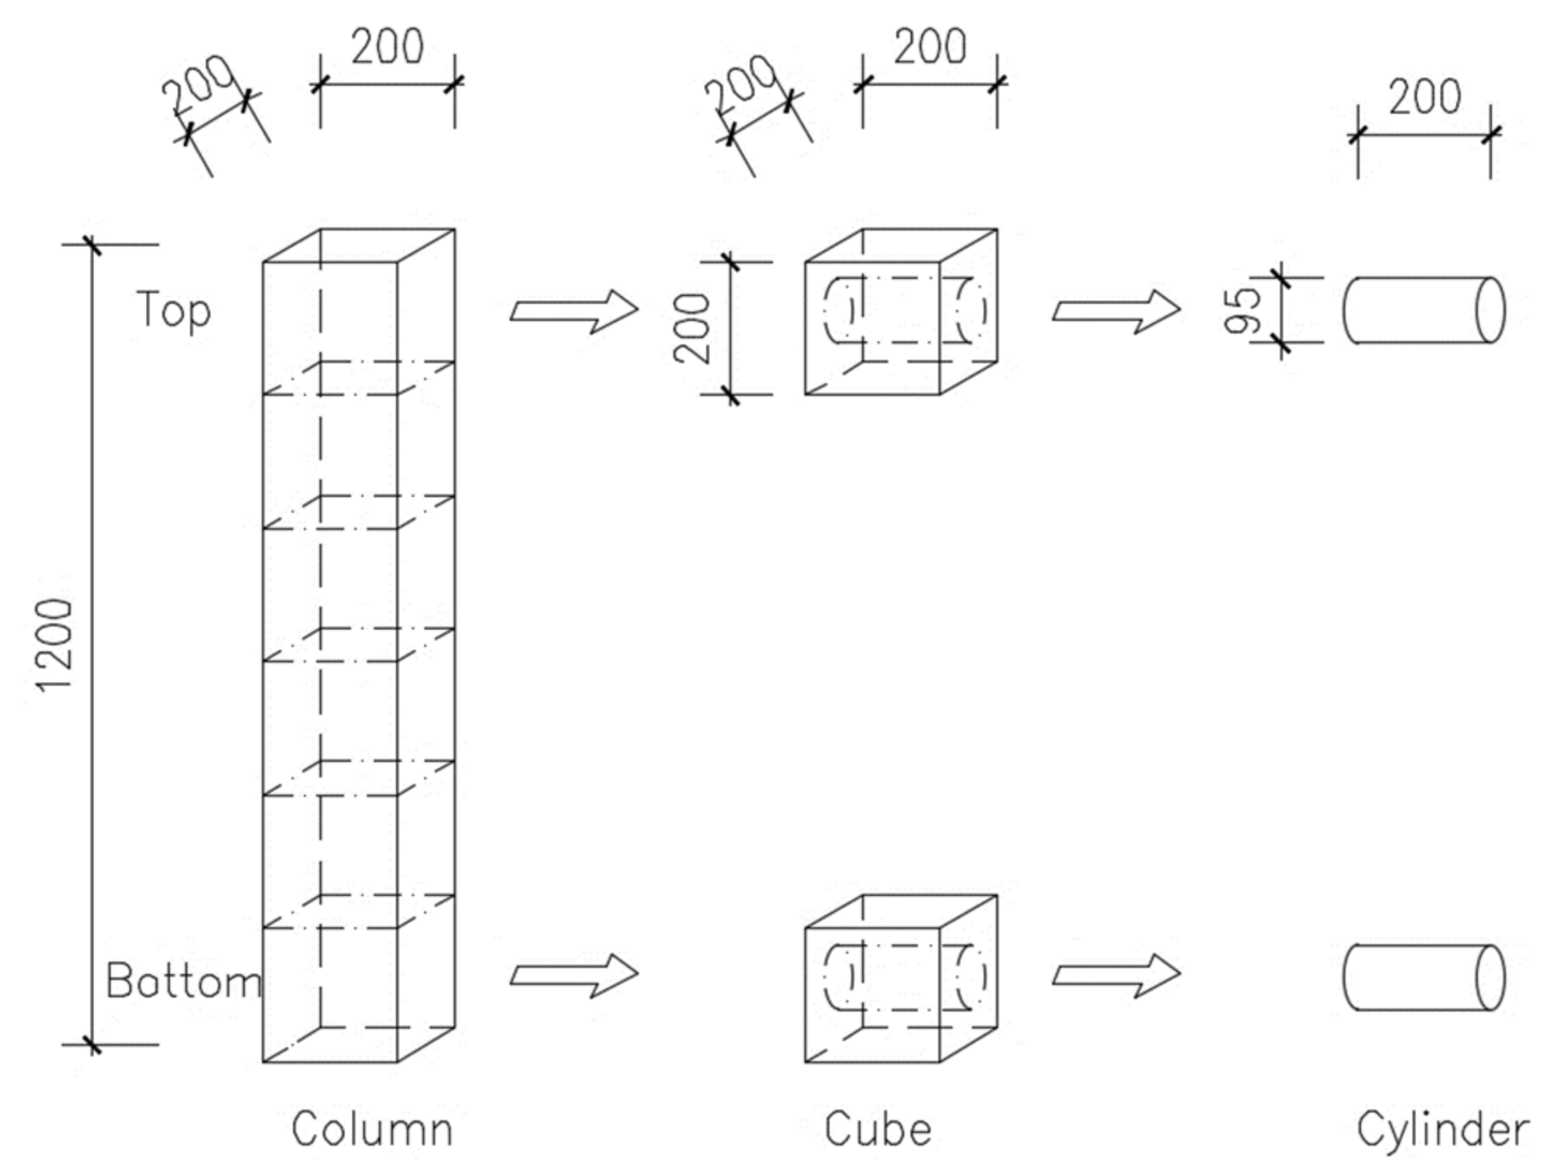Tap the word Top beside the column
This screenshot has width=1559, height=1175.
click(x=174, y=310)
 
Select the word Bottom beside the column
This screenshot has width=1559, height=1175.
click(x=183, y=981)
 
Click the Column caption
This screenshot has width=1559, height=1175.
click(x=372, y=1130)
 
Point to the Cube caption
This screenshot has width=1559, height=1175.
click(x=878, y=1130)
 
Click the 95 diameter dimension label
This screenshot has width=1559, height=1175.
click(x=1243, y=310)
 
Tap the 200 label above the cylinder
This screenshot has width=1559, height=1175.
click(x=1424, y=97)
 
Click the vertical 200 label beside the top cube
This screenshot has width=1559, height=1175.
click(x=692, y=328)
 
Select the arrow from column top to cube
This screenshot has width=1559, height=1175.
click(x=574, y=312)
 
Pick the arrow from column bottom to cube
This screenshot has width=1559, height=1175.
click(x=574, y=976)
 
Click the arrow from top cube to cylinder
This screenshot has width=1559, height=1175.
click(x=1116, y=312)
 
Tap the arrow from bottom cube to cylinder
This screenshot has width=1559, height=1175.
click(x=1116, y=976)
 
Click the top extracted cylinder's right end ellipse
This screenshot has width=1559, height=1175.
click(x=1490, y=310)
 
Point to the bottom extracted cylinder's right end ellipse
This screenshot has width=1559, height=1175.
click(x=1490, y=978)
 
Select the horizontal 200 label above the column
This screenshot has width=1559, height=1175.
click(x=387, y=47)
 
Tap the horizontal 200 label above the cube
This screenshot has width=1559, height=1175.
click(x=930, y=47)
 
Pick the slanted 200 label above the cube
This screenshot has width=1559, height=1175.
click(x=741, y=83)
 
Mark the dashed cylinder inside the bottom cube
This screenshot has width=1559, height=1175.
click(x=904, y=977)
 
